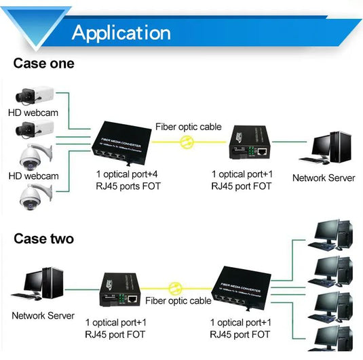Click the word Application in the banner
pyautogui.click(x=121, y=32)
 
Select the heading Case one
pyautogui.click(x=43, y=64)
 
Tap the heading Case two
pyautogui.click(x=43, y=239)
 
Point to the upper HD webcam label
pyautogui.click(x=33, y=113)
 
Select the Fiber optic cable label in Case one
pyautogui.click(x=188, y=127)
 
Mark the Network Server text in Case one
pyautogui.click(x=324, y=178)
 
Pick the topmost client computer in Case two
pyautogui.click(x=332, y=235)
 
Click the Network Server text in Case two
pyautogui.click(x=43, y=316)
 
